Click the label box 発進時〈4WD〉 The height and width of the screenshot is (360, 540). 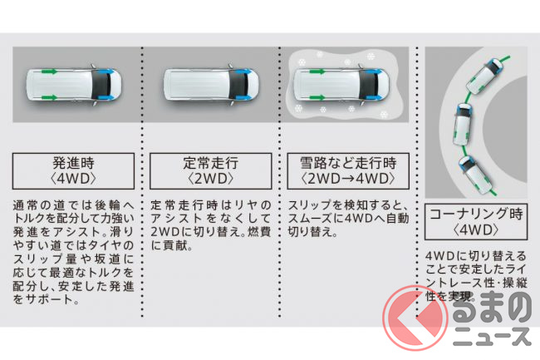[73, 171]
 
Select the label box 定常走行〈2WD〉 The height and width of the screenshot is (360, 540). [210, 171]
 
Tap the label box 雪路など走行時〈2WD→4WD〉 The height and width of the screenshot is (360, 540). [348, 171]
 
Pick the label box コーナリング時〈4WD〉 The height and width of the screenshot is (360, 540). [476, 221]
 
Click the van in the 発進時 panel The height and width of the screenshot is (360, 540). [74, 85]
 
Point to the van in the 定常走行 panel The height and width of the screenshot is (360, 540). [211, 85]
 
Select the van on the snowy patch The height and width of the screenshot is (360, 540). [341, 85]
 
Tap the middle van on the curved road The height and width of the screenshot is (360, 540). [462, 125]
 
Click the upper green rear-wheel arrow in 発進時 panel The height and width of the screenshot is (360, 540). [50, 72]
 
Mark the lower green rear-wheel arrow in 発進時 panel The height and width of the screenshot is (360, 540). [50, 97]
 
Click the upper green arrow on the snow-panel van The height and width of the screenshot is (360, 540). [317, 72]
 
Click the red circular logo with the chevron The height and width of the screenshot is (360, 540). [415, 318]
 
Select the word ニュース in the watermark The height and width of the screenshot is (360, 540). [491, 337]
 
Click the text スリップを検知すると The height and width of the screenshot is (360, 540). [348, 205]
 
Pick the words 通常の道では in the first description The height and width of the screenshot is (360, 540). [47, 205]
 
